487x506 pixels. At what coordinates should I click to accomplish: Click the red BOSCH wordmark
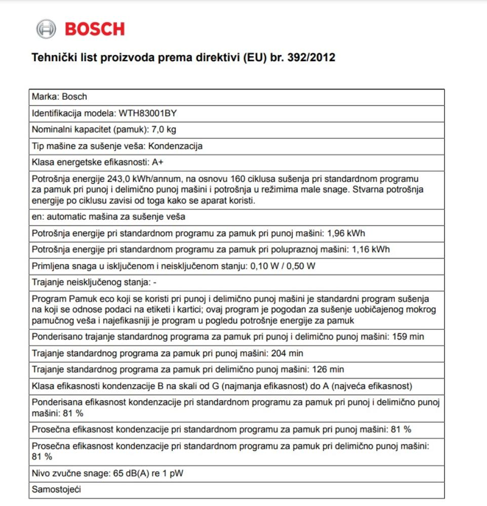click(x=95, y=29)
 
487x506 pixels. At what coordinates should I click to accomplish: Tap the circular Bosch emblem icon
click(x=46, y=29)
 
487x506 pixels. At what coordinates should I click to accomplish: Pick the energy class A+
click(x=157, y=162)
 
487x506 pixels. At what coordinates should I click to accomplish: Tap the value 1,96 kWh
click(x=346, y=233)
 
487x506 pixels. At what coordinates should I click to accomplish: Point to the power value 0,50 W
click(x=304, y=266)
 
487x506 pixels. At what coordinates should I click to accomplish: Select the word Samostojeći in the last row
click(x=56, y=490)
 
